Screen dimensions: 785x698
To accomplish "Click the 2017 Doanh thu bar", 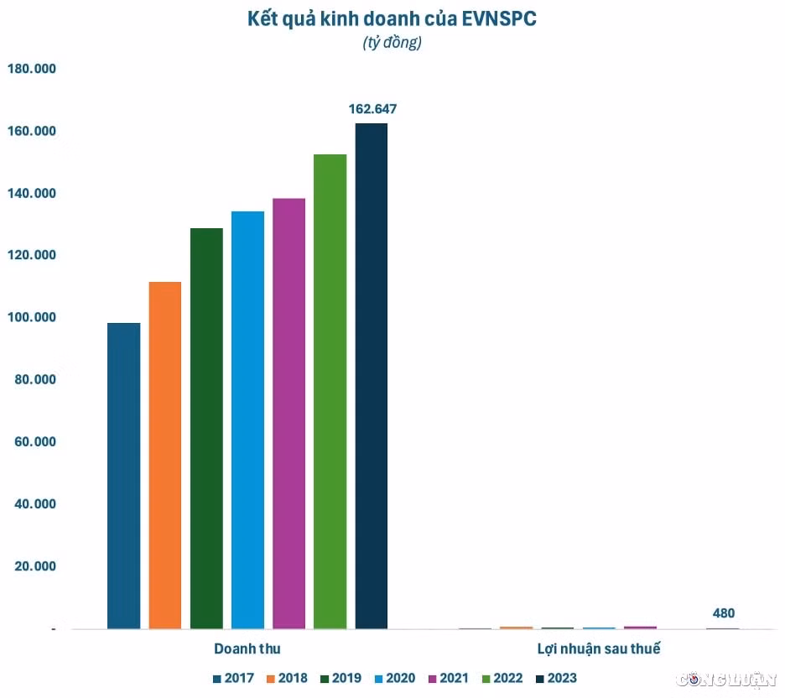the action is click(123, 476).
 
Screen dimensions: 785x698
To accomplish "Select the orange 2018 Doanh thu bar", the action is click(165, 456).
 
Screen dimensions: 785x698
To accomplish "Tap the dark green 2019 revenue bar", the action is click(206, 429).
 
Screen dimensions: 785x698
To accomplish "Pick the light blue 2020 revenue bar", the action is click(247, 420).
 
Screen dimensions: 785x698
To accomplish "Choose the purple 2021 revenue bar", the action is click(289, 414).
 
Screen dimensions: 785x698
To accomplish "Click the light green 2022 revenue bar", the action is click(330, 392).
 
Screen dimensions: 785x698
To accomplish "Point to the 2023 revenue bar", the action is click(372, 376).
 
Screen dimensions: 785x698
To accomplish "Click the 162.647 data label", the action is click(372, 109).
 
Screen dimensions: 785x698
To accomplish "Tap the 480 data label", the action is click(724, 613).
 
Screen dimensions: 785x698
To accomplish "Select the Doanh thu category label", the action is click(247, 649).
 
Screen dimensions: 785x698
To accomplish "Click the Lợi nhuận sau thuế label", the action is click(599, 649).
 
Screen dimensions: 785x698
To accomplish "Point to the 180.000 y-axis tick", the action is click(32, 69).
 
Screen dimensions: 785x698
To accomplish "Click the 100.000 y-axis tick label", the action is click(32, 317).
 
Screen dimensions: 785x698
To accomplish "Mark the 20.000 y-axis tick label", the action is click(35, 566).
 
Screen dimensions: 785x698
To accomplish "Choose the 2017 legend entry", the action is click(234, 679).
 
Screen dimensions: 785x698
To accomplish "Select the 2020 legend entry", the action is click(395, 679).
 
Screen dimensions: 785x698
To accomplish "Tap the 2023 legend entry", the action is click(556, 679).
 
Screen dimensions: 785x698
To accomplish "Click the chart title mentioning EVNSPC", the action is click(392, 19).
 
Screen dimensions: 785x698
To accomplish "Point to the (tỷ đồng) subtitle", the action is click(392, 43).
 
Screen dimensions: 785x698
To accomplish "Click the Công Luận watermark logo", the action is click(725, 680).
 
